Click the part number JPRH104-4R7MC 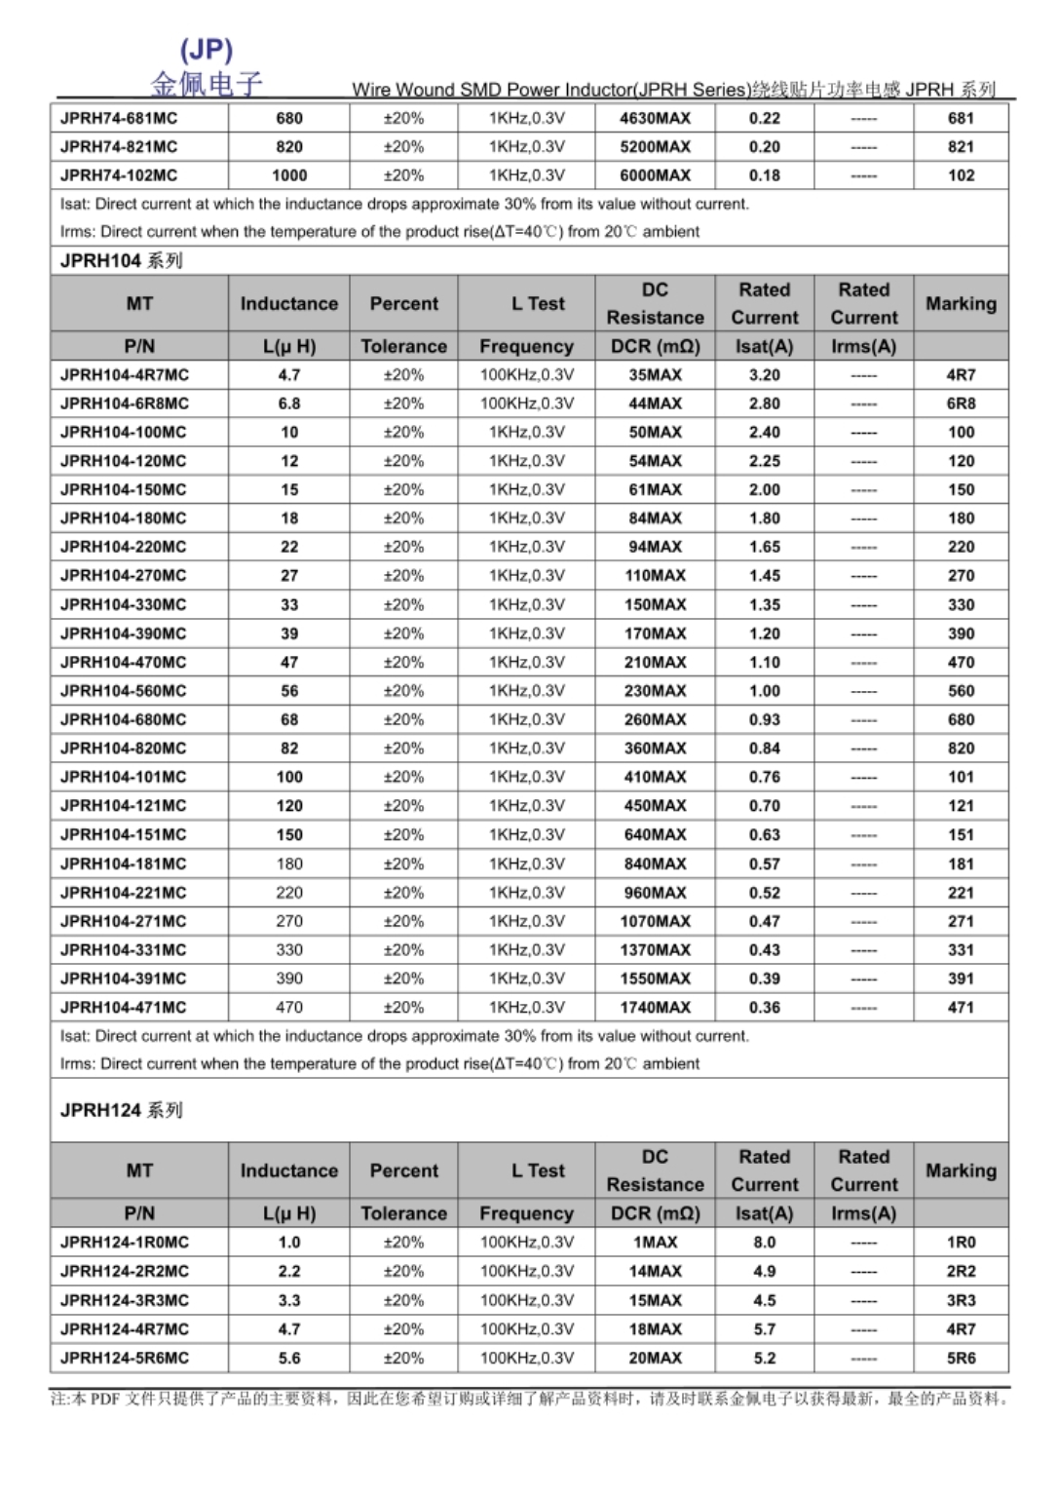coord(125,375)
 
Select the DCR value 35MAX coord(655,375)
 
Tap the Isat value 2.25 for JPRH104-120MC coord(764,461)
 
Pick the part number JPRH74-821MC coord(119,147)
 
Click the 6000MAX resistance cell coord(655,175)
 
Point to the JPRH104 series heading coord(121,261)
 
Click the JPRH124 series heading coord(121,1110)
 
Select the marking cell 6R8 coord(961,403)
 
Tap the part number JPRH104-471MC coord(123,1008)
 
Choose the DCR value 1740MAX coord(655,1008)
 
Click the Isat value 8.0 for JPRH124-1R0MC coord(764,1243)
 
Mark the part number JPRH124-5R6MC coord(125,1358)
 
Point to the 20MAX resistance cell coord(655,1358)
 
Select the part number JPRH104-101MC coord(123,778)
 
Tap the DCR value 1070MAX coord(655,921)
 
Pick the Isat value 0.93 coord(764,720)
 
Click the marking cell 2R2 coord(961,1271)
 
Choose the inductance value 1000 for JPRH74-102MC coord(289,175)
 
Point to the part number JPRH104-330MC coord(123,605)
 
